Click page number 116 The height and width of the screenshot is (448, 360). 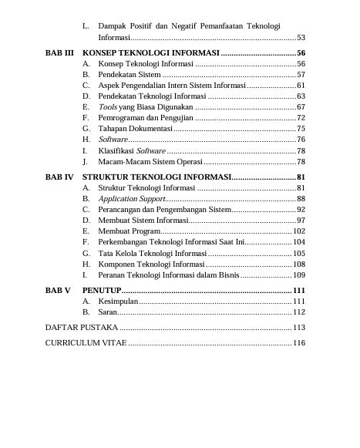[x=299, y=342]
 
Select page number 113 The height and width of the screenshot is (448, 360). [x=299, y=328]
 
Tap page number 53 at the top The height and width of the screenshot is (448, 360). [x=301, y=37]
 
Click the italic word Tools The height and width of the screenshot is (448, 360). [x=107, y=106]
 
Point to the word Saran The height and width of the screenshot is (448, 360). [x=107, y=312]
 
